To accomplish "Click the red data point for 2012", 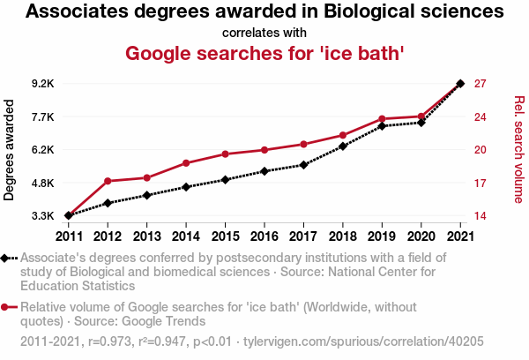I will point(108,181).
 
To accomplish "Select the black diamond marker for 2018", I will point(343,146).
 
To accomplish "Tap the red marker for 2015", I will point(225,154).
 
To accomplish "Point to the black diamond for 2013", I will point(146,195).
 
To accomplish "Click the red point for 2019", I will point(382,119).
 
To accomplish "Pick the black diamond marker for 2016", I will point(264,171).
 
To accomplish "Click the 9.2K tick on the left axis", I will point(41,84).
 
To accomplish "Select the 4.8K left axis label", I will point(41,183).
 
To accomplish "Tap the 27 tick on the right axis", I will point(481,84).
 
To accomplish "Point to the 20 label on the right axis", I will point(481,150).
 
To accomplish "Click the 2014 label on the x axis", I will point(186,236).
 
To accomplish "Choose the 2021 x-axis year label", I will point(460,236).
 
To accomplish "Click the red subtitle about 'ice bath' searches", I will point(264,53).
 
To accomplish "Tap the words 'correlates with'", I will point(264,33).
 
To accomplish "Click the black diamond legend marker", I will point(7,258).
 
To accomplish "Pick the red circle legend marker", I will point(7,307).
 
